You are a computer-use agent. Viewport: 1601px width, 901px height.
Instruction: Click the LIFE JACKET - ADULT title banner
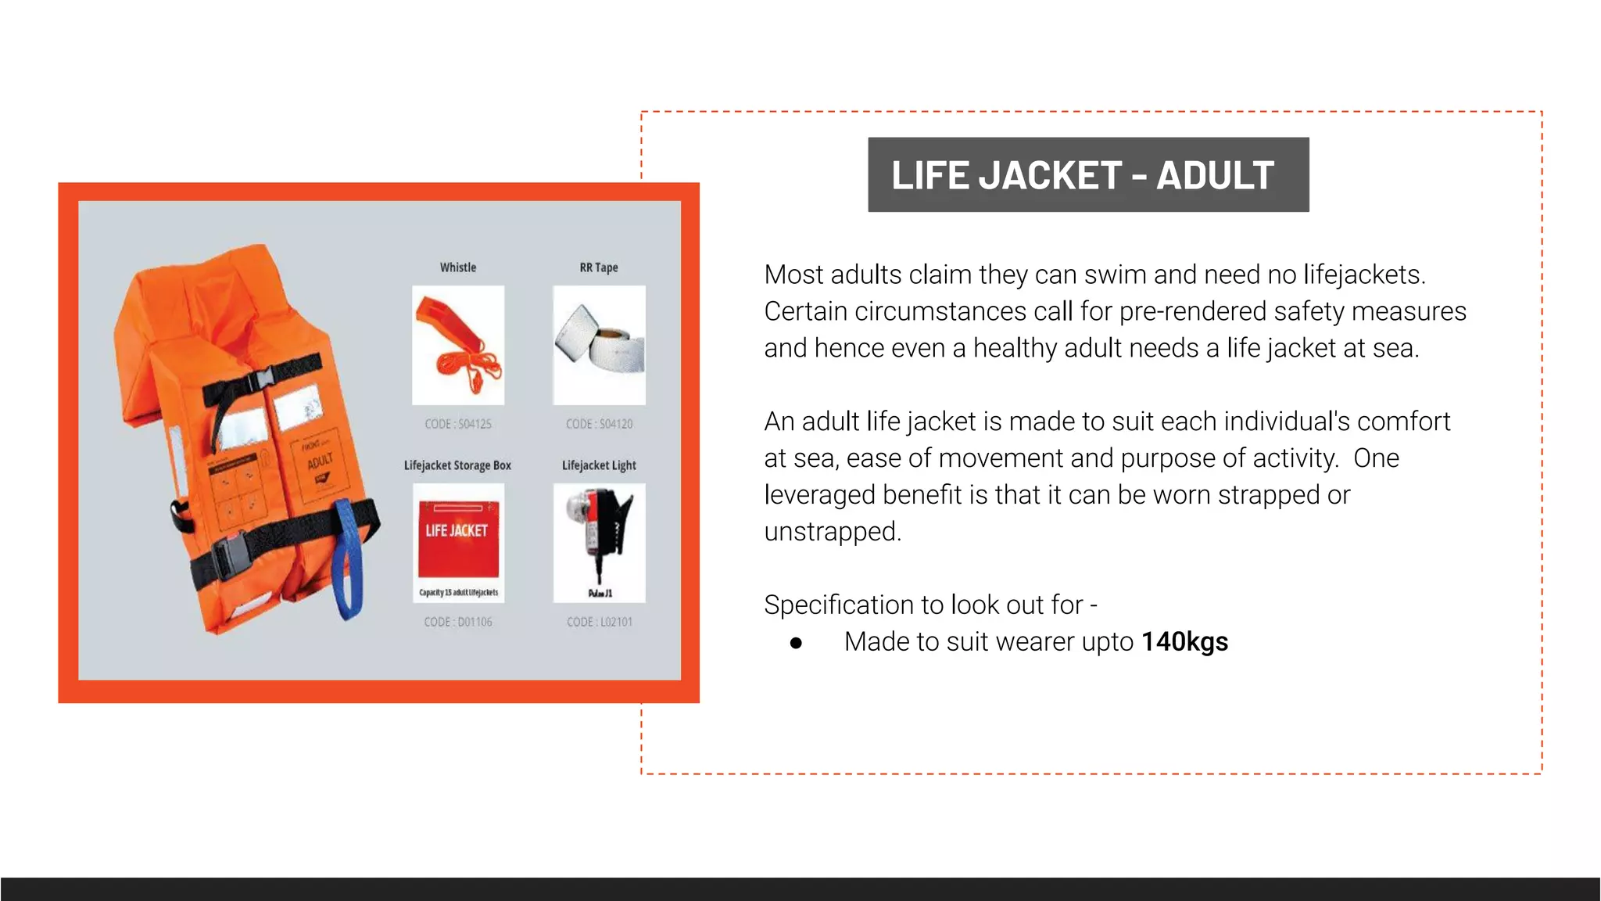coord(1087,174)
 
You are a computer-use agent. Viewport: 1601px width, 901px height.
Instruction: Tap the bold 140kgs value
coord(1184,642)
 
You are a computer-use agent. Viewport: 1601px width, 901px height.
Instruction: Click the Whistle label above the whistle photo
coord(458,267)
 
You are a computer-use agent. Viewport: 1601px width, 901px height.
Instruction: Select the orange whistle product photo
coord(458,345)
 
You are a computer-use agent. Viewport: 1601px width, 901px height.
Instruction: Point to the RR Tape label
coord(599,267)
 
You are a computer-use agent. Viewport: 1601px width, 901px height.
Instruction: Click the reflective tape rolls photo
coord(600,345)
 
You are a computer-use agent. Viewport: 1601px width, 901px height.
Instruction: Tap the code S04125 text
coord(458,424)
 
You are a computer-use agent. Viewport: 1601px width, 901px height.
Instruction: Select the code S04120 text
coord(600,424)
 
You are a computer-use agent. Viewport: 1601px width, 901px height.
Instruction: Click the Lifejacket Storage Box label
coord(457,465)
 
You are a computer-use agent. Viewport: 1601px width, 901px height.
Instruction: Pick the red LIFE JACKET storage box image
coord(458,542)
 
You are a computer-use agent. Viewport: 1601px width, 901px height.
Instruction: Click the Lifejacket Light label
coord(599,465)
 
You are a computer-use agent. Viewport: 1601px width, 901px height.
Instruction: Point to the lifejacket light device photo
coord(600,542)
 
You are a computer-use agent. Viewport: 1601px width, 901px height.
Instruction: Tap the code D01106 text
coord(458,622)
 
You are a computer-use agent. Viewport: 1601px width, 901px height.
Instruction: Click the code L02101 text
coord(600,622)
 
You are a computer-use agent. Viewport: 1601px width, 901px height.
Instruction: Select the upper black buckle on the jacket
coord(259,382)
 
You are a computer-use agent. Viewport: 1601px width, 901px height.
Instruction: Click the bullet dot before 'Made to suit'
coord(796,643)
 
